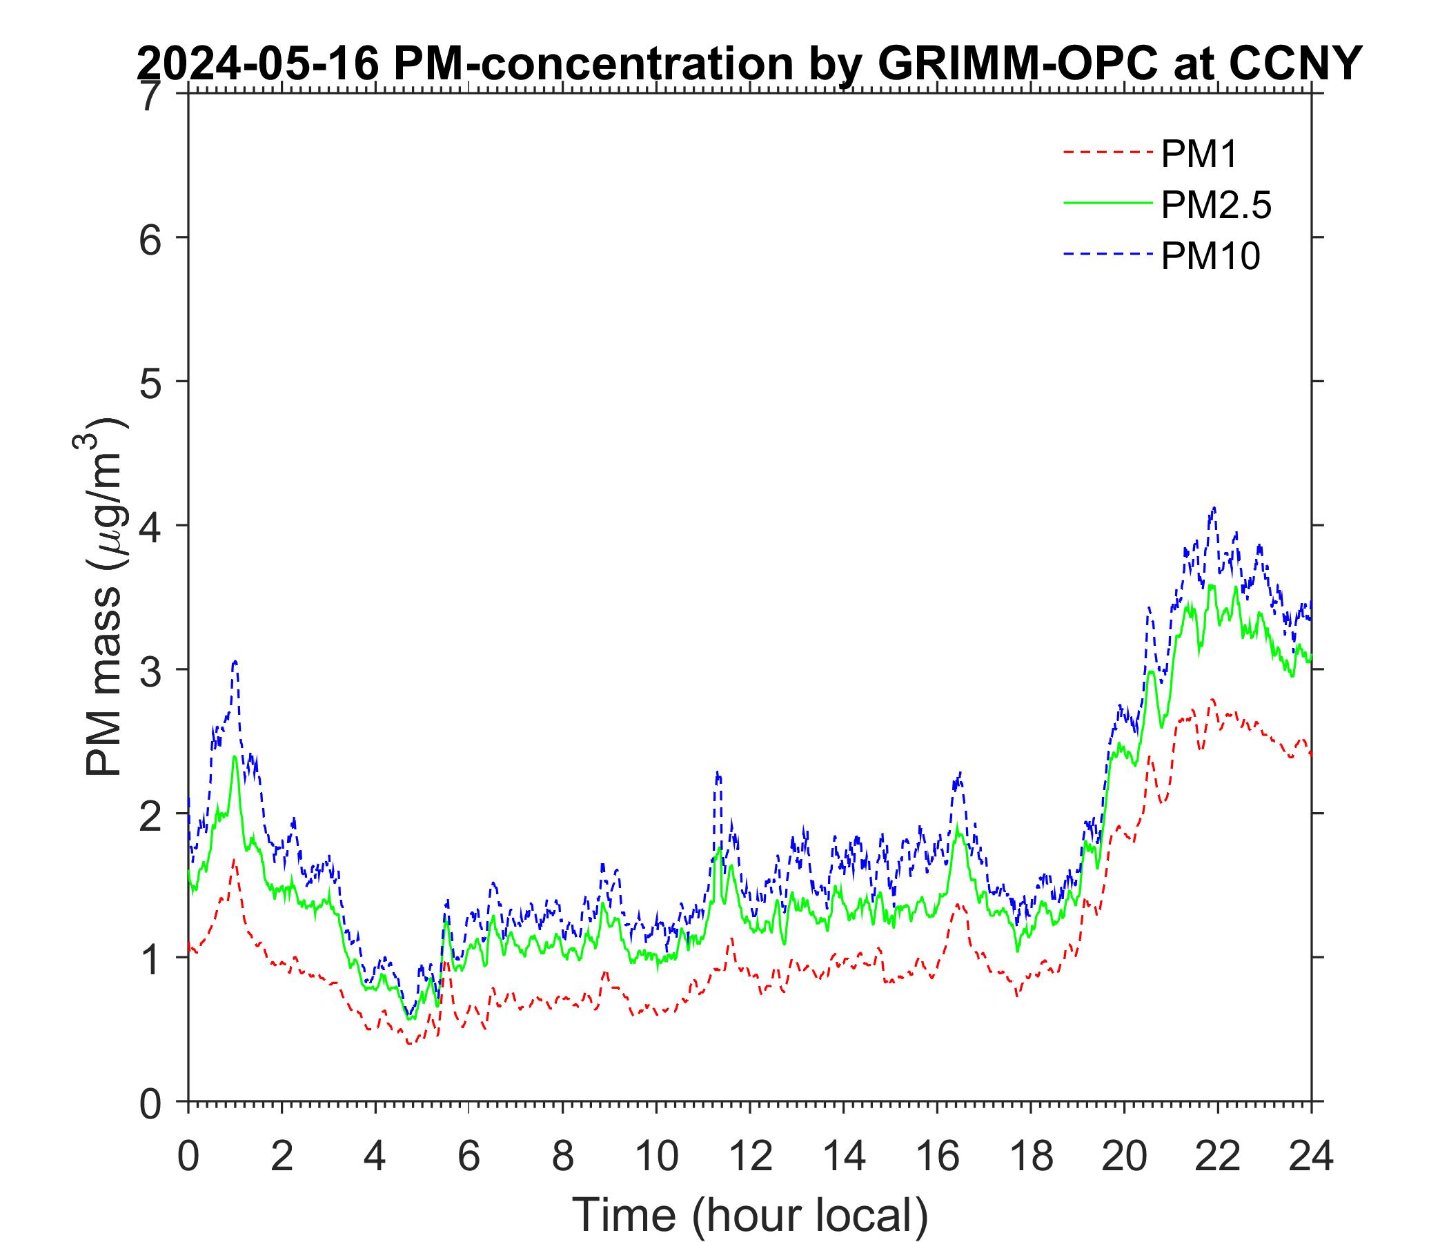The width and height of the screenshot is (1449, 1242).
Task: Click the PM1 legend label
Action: [x=1199, y=154]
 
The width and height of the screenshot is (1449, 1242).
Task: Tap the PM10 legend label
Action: [x=1210, y=257]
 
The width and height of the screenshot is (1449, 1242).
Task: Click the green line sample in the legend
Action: [x=1107, y=203]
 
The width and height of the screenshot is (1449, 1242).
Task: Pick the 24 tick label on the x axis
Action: [x=1311, y=1156]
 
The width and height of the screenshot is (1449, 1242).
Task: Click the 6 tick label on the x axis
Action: [x=469, y=1156]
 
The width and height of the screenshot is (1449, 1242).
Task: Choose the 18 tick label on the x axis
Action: [x=1031, y=1156]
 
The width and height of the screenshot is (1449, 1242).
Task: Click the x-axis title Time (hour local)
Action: [x=751, y=1214]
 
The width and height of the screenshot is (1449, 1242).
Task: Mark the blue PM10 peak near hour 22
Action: [x=1214, y=509]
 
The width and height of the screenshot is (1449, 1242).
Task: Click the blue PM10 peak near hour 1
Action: [x=236, y=660]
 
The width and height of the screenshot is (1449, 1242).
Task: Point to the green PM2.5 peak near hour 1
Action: [x=235, y=757]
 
